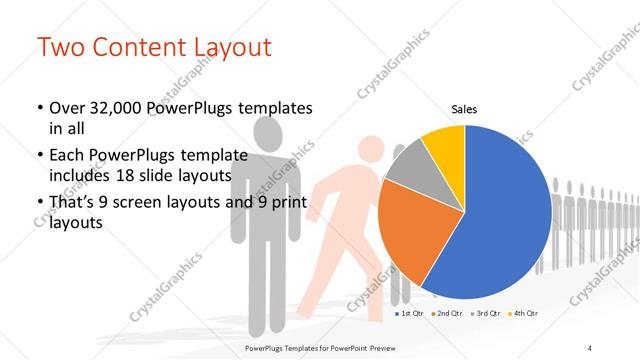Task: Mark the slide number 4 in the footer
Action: pos(590,347)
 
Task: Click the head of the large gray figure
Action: pos(271,131)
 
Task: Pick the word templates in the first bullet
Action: pos(269,107)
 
